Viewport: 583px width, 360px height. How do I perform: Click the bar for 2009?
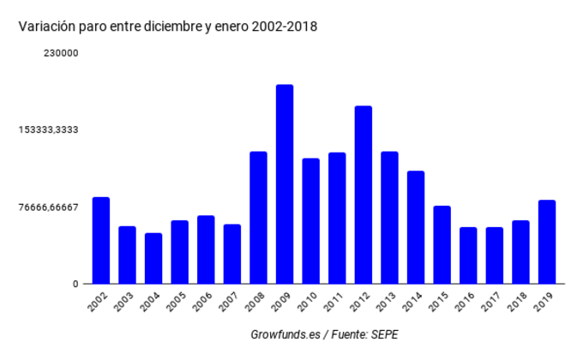[285, 184]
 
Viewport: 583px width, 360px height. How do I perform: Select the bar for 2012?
[364, 195]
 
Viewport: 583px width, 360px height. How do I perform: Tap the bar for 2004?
[153, 258]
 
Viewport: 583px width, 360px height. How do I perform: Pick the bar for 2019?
[547, 242]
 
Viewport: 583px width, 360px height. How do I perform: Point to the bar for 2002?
[101, 240]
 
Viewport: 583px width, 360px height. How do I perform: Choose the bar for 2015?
[442, 244]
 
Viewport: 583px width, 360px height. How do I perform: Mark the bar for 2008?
[258, 218]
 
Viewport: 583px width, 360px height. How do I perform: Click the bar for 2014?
[416, 227]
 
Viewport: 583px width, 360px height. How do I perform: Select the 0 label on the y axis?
[75, 284]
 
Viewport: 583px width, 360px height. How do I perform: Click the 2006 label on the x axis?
[204, 303]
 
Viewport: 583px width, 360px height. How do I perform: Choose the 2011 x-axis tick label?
[335, 303]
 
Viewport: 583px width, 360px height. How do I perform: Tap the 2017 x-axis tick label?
[492, 303]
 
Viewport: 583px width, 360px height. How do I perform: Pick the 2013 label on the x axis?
[388, 303]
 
